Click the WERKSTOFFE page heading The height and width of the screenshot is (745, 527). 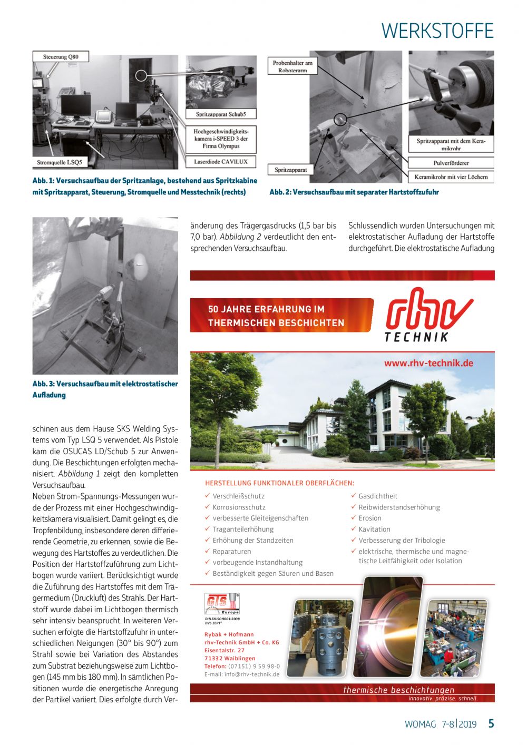point(437,31)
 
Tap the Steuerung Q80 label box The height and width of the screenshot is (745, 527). point(61,57)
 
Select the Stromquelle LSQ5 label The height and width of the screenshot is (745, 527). point(59,162)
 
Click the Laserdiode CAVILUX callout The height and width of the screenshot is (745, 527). point(221,162)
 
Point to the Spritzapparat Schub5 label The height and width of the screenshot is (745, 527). point(221,114)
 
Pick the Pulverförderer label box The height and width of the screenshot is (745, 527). point(451,163)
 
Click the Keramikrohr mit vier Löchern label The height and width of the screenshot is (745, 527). point(451,177)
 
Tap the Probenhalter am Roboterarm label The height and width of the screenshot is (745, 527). point(292,66)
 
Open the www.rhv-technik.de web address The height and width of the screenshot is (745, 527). point(428,363)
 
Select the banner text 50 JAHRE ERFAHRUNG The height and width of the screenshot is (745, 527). point(266,309)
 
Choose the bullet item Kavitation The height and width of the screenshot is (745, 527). point(374,529)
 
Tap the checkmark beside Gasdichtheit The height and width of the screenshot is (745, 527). point(354,496)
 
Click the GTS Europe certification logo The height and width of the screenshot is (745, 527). point(222,604)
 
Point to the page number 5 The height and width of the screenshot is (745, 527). point(491,723)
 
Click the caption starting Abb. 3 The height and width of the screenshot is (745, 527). point(105,389)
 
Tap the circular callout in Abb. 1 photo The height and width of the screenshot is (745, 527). point(141,75)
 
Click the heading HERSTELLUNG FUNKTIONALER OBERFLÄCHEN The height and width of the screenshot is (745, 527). point(279,483)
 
